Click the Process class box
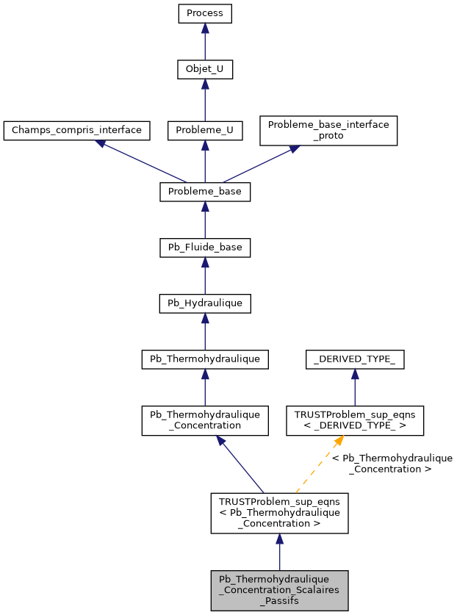pos(205,14)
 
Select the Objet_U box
pos(205,70)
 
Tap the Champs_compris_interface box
pos(77,131)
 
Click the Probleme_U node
pos(205,131)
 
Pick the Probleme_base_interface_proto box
pos(328,130)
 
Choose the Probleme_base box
pos(205,192)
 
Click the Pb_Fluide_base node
pos(205,248)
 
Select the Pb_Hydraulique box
pos(205,303)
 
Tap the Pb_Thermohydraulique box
pos(205,359)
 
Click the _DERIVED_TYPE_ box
pos(355,359)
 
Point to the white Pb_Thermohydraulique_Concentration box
pos(205,420)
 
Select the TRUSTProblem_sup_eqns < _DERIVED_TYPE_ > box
pos(355,420)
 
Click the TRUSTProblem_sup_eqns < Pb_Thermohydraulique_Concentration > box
pos(279,512)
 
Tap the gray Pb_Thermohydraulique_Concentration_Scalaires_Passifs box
pos(279,590)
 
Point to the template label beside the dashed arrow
pos(392,463)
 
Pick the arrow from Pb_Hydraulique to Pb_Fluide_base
pos(205,276)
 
